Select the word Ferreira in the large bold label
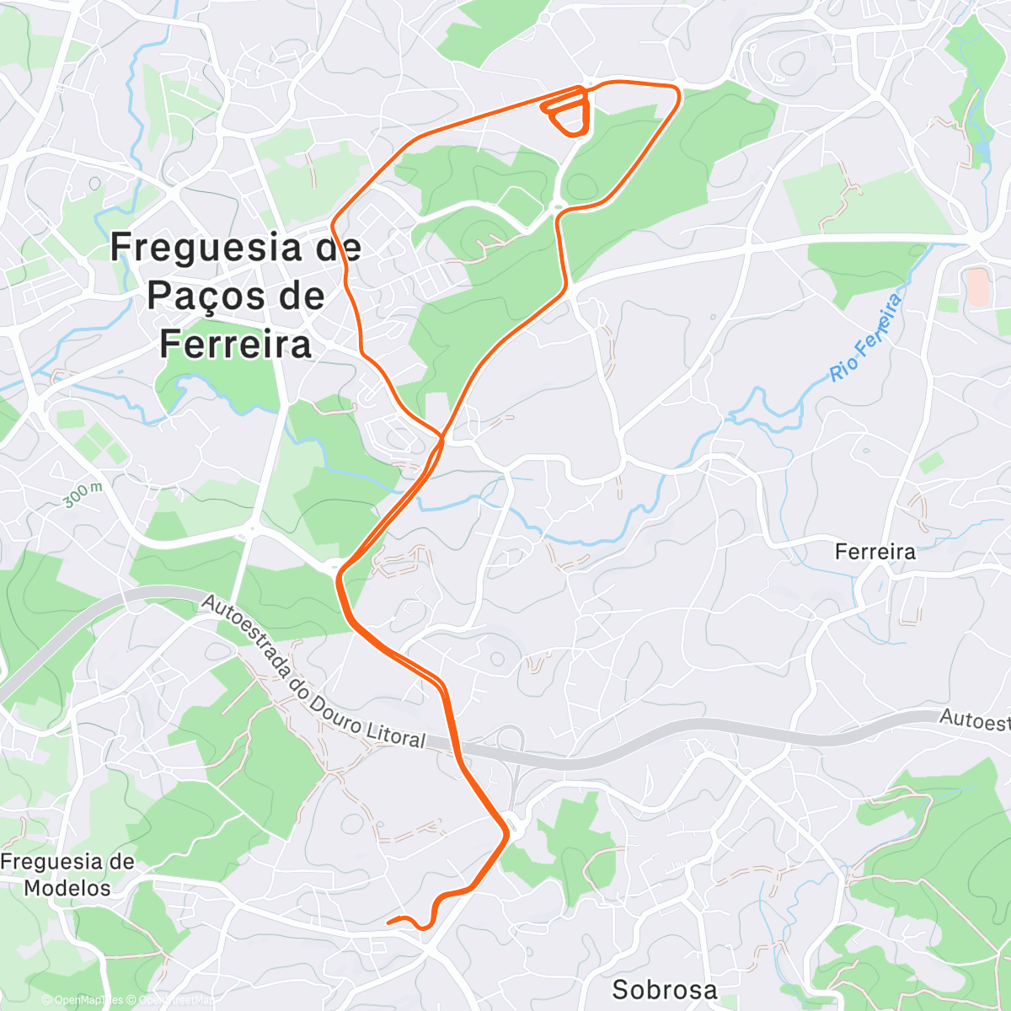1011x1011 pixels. click(235, 344)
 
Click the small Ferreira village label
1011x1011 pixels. click(875, 552)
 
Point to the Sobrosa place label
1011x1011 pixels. click(665, 989)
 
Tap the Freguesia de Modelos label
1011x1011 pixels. click(67, 875)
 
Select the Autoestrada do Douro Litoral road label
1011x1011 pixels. click(313, 674)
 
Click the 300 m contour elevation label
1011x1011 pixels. click(83, 495)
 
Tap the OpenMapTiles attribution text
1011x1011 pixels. click(83, 1000)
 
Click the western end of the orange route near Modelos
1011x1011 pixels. click(388, 922)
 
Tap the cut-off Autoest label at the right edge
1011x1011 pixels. click(975, 720)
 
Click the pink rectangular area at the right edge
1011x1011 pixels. click(976, 286)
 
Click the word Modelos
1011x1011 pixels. click(67, 888)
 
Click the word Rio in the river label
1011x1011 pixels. click(842, 366)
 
